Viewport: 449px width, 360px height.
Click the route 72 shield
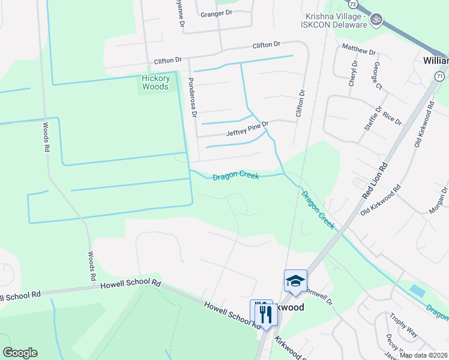pos(353,4)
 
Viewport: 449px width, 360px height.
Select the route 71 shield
pos(440,76)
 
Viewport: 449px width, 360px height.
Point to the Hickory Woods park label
pos(155,82)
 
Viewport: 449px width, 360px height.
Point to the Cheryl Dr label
pos(354,73)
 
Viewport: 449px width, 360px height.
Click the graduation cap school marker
pos(295,281)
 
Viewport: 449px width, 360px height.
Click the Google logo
pos(20,353)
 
